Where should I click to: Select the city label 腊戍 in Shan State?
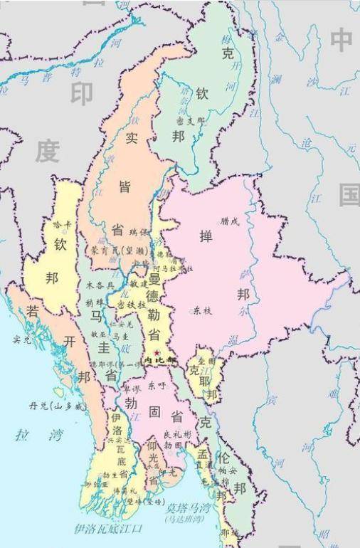[231, 221]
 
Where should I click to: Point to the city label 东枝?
[202, 310]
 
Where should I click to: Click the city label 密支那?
[189, 121]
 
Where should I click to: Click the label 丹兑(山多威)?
[56, 406]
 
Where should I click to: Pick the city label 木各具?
[100, 284]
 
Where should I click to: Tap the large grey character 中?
[342, 40]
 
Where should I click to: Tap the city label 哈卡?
[63, 224]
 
